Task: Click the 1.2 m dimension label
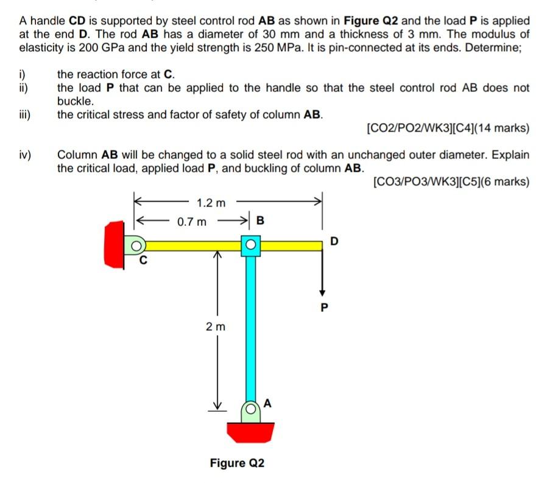click(211, 202)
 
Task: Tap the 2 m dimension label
click(215, 327)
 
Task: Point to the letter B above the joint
click(261, 220)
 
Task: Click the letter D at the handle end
click(333, 241)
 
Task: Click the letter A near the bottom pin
click(269, 403)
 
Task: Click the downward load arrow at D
click(323, 274)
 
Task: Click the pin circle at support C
click(138, 245)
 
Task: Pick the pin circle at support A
click(250, 408)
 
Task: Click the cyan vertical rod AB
click(250, 329)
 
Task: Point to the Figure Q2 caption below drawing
click(237, 463)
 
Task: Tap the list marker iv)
click(26, 155)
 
